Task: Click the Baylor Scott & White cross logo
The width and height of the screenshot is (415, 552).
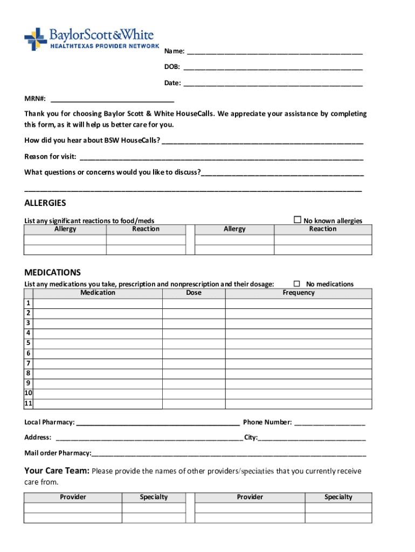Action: pyautogui.click(x=36, y=39)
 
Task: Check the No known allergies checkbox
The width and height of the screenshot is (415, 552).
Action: pyautogui.click(x=297, y=220)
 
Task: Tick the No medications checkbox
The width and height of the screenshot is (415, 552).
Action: pyautogui.click(x=297, y=284)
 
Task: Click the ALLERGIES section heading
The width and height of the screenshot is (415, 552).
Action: pyautogui.click(x=45, y=203)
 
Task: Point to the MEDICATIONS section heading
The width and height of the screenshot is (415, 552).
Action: pyautogui.click(x=52, y=272)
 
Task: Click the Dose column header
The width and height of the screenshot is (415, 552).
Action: pyautogui.click(x=193, y=293)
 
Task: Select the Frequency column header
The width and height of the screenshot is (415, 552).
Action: pyautogui.click(x=298, y=293)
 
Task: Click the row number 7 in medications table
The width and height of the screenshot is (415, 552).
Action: pyautogui.click(x=28, y=363)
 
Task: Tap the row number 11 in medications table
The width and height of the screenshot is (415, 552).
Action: pyautogui.click(x=28, y=404)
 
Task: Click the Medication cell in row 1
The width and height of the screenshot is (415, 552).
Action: pyautogui.click(x=98, y=303)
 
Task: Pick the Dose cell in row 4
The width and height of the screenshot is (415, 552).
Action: pyautogui.click(x=193, y=333)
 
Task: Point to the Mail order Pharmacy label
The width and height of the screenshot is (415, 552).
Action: pyautogui.click(x=58, y=453)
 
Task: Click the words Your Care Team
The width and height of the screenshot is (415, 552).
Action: pyautogui.click(x=57, y=471)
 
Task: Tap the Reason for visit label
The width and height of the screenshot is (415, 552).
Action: pyautogui.click(x=50, y=157)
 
